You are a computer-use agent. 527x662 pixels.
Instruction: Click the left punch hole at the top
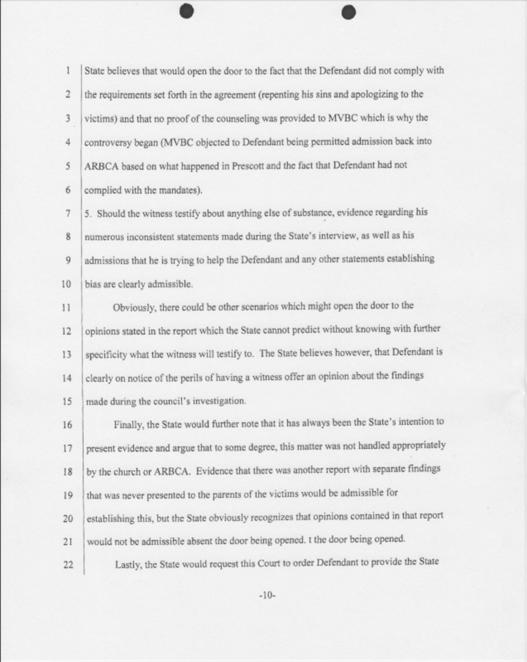pyautogui.click(x=186, y=12)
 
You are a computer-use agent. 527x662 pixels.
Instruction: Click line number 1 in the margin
pyautogui.click(x=67, y=71)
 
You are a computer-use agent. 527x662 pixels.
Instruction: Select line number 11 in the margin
pyautogui.click(x=65, y=306)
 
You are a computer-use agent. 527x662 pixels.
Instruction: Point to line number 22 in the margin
pyautogui.click(x=65, y=564)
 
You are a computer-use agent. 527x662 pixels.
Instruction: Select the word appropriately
pyautogui.click(x=416, y=446)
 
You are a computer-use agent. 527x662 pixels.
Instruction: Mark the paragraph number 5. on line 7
pyautogui.click(x=89, y=212)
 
